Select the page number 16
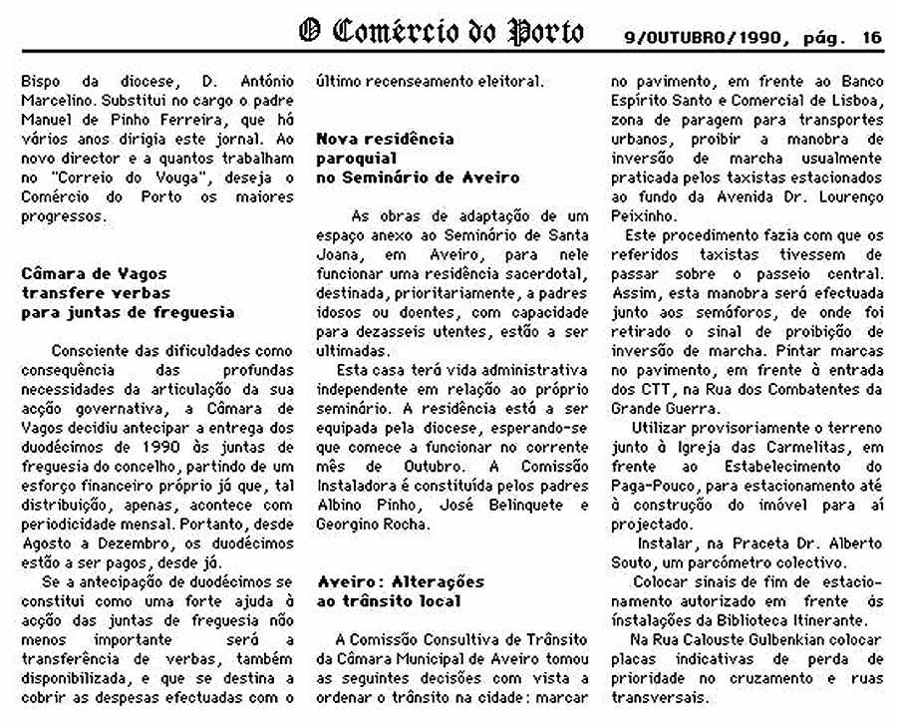[872, 38]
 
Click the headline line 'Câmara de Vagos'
[95, 273]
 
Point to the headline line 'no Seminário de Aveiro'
[418, 177]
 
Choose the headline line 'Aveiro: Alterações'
[400, 580]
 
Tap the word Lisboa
[854, 100]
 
